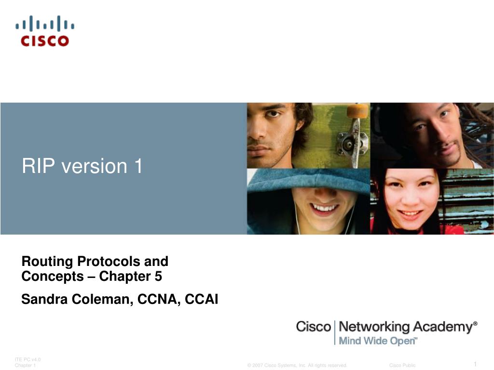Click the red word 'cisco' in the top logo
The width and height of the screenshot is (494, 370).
click(45, 41)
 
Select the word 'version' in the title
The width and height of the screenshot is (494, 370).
click(94, 166)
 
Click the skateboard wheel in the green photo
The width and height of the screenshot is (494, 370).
click(357, 111)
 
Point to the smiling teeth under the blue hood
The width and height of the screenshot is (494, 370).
click(325, 208)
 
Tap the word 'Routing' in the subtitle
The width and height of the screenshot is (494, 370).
click(47, 262)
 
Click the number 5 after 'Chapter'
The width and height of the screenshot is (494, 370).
click(158, 276)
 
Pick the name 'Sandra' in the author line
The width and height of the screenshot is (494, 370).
click(44, 299)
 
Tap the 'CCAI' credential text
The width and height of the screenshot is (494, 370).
click(201, 299)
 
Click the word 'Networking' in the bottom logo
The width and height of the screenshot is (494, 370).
click(374, 327)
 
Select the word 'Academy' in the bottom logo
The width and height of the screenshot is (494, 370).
click(443, 327)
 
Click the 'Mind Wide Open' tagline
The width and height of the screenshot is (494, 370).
click(377, 341)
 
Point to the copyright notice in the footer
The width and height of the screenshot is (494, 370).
click(297, 365)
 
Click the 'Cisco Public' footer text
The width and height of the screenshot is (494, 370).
click(402, 365)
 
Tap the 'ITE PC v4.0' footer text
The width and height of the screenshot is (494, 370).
click(27, 359)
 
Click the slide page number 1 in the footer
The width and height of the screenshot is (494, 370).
click(475, 364)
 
